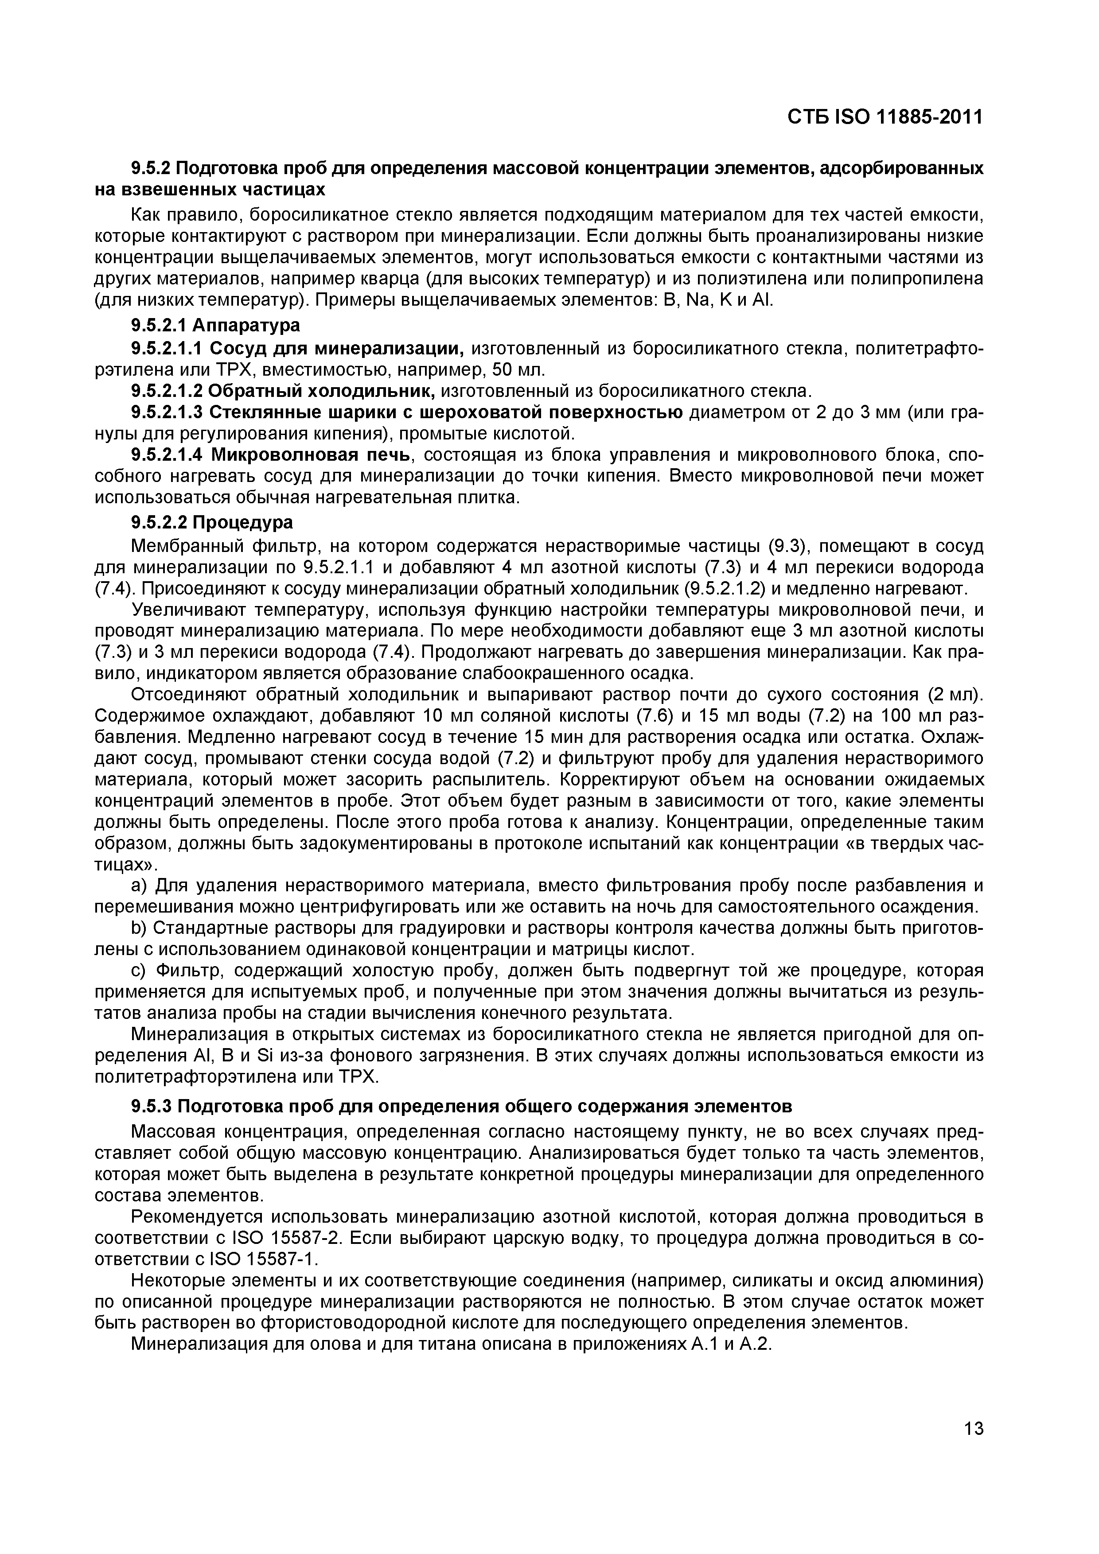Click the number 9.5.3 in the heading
pyautogui.click(x=151, y=1106)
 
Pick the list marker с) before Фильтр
pyautogui.click(x=140, y=971)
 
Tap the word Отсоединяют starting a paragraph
pyautogui.click(x=182, y=695)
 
